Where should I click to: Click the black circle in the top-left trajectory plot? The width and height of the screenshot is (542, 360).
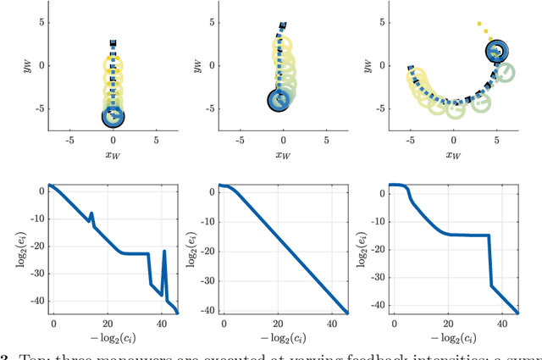click(113, 117)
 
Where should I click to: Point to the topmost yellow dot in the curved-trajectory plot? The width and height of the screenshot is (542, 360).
click(478, 25)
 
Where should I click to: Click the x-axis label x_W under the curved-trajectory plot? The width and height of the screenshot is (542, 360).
click(453, 155)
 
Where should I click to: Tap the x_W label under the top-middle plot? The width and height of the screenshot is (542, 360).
click(283, 155)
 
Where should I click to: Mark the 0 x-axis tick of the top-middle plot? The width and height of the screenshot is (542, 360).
click(283, 141)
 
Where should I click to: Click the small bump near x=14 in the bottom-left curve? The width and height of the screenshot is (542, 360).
click(91, 213)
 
